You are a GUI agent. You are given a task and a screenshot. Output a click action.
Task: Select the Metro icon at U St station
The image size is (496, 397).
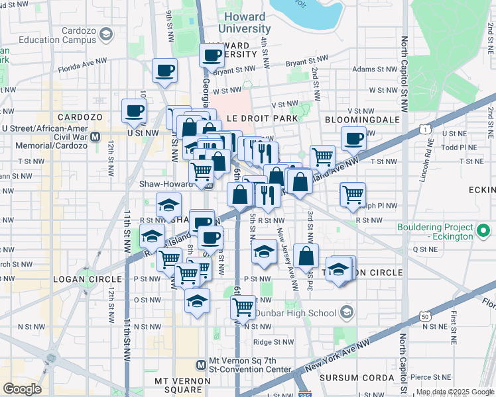click(x=95, y=137)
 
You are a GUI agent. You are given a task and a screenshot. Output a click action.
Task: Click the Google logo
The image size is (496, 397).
click(x=22, y=389)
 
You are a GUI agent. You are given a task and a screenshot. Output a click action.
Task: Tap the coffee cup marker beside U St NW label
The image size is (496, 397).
click(x=135, y=110)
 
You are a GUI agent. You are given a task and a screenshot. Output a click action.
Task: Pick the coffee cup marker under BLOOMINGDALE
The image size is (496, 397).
click(x=353, y=138)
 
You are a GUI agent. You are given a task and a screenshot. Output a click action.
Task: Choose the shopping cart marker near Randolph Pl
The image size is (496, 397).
click(x=353, y=195)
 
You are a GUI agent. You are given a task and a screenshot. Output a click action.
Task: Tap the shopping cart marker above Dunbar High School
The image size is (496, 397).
click(x=243, y=306)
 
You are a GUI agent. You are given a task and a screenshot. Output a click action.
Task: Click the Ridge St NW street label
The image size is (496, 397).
click(x=274, y=342)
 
